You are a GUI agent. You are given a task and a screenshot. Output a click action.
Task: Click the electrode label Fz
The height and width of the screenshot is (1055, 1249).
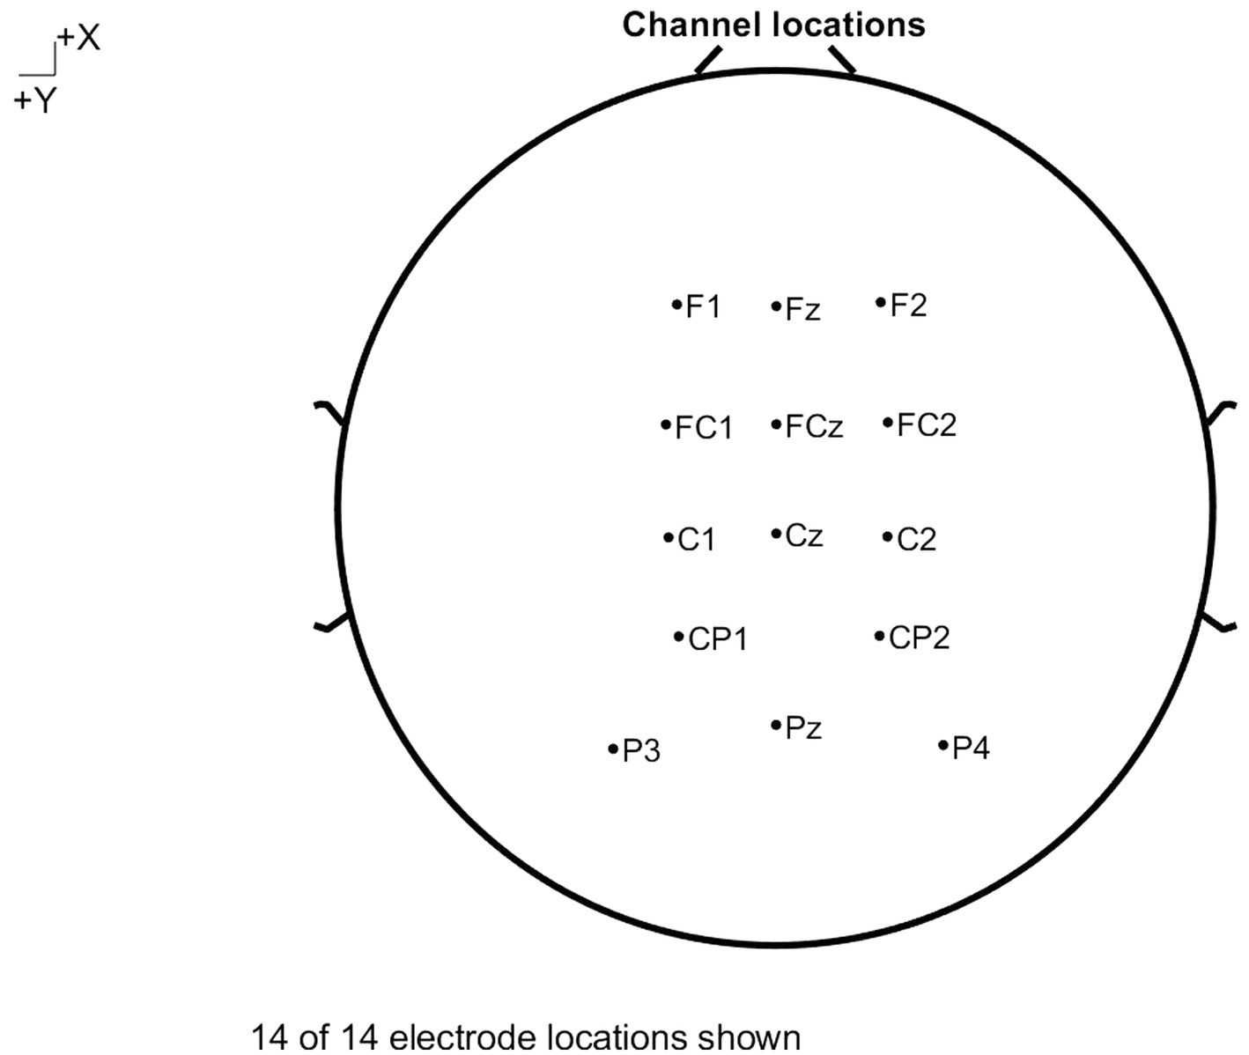[802, 309]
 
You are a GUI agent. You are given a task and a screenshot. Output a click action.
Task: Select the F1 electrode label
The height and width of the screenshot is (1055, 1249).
[703, 306]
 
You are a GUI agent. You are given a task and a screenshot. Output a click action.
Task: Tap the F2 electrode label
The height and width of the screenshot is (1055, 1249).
[908, 306]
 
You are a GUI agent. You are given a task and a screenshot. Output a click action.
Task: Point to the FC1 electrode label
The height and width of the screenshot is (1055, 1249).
[703, 428]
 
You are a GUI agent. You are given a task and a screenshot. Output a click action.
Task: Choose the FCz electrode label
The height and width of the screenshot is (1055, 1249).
[814, 427]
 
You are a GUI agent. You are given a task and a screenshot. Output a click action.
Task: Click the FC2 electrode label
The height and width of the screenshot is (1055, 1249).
[926, 425]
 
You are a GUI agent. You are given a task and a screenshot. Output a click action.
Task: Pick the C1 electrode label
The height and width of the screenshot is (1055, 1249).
[696, 540]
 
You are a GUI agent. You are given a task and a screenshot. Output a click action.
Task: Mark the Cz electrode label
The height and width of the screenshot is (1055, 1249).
[803, 535]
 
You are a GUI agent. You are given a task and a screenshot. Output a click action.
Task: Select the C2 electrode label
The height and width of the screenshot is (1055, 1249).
[916, 540]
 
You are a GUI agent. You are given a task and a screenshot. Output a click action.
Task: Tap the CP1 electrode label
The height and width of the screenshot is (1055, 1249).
[717, 639]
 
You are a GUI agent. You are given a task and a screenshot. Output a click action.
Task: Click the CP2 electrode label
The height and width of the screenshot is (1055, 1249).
[919, 638]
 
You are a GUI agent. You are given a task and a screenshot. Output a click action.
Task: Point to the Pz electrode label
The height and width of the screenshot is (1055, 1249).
[803, 728]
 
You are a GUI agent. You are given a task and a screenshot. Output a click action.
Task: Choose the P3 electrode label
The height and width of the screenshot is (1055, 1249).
[641, 752]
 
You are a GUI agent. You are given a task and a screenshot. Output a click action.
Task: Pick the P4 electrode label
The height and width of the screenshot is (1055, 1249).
[971, 749]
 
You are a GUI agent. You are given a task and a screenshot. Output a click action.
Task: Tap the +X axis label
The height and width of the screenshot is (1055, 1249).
[78, 39]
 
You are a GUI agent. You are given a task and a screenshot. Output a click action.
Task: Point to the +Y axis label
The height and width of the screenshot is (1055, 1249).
[35, 102]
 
